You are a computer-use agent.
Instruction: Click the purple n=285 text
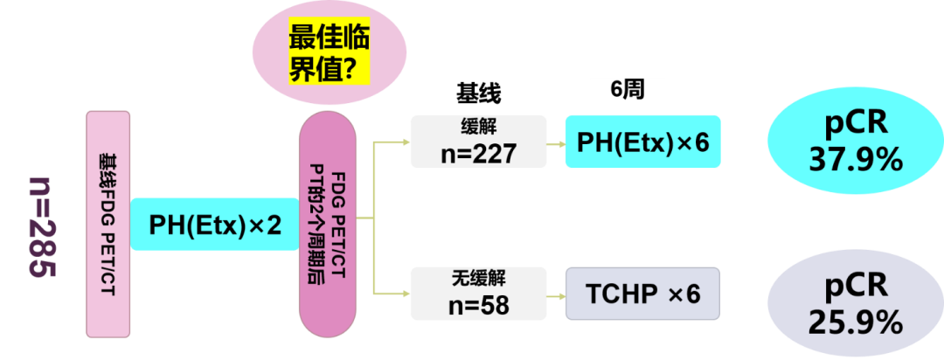click(x=41, y=227)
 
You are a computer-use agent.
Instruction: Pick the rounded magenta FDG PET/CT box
click(x=327, y=225)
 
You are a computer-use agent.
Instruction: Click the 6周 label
click(x=627, y=89)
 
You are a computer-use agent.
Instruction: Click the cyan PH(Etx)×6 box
click(x=643, y=141)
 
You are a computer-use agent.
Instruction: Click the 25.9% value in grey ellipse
click(x=855, y=323)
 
